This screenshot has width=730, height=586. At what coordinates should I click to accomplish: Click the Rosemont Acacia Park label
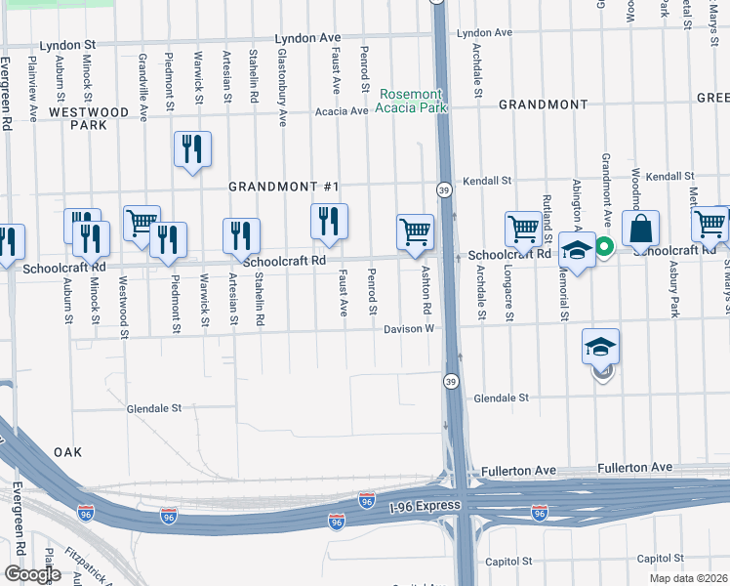pyautogui.click(x=413, y=101)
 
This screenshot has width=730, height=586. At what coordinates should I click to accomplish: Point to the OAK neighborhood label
pyautogui.click(x=67, y=452)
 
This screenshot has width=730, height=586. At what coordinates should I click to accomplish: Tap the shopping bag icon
pyautogui.click(x=640, y=229)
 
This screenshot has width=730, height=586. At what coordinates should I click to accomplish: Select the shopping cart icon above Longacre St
pyautogui.click(x=523, y=230)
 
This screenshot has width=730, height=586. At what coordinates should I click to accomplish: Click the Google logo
pyautogui.click(x=33, y=574)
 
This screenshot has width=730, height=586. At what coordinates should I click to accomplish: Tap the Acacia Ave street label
pyautogui.click(x=341, y=111)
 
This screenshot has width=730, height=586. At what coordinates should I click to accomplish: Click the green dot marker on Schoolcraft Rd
pyautogui.click(x=604, y=247)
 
